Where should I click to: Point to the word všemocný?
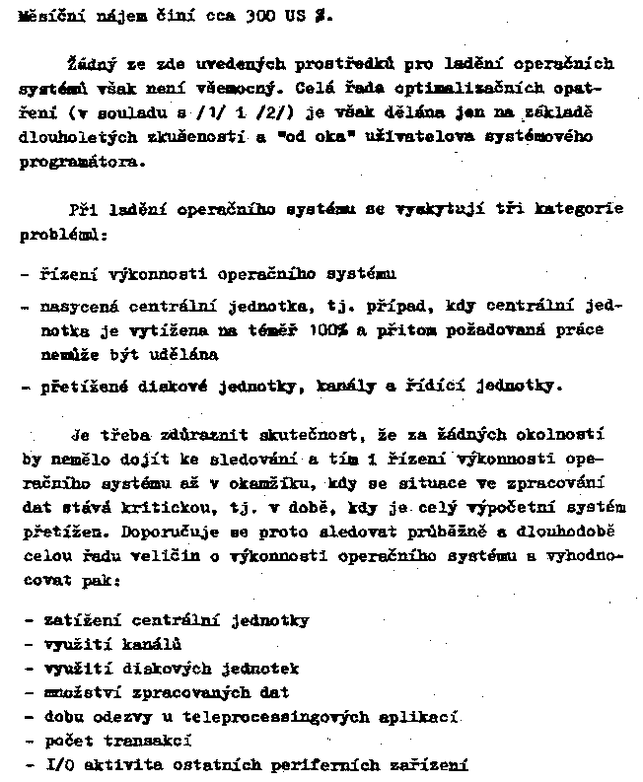pos(237,88)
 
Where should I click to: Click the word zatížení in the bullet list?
pos(81,620)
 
